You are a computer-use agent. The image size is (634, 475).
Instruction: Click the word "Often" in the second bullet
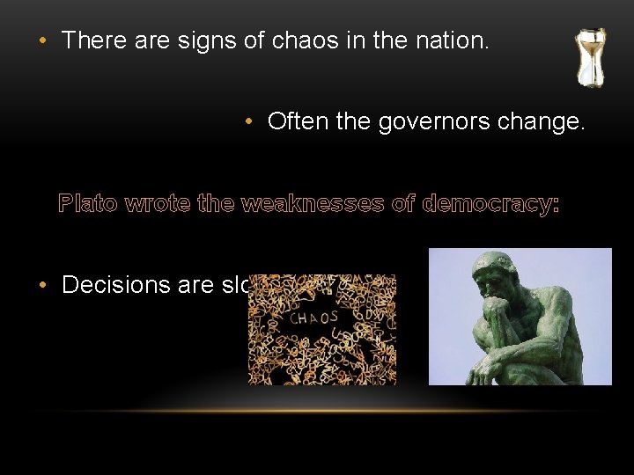tap(297, 121)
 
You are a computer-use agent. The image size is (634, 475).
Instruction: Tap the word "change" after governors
tap(537, 121)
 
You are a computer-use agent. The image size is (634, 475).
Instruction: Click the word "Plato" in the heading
tap(89, 205)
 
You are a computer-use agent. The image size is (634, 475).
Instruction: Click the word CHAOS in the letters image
tap(314, 316)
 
